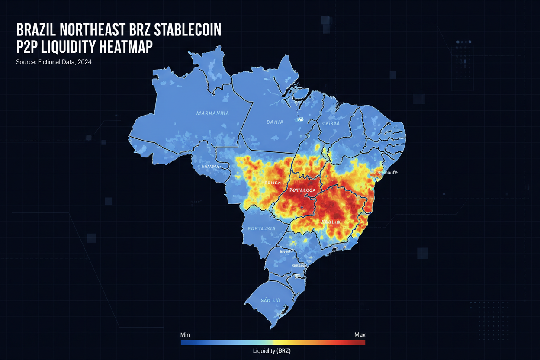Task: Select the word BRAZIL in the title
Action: [36, 30]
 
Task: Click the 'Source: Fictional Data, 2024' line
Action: [54, 62]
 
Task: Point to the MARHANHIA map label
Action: [212, 113]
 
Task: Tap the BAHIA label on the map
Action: [275, 122]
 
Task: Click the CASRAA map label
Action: [331, 123]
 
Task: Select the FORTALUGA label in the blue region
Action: [261, 228]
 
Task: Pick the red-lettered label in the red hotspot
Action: [302, 190]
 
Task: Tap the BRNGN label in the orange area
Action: [273, 183]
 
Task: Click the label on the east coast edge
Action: [387, 173]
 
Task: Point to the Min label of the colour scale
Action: [185, 335]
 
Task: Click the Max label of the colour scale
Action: [360, 335]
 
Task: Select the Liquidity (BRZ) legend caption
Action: [271, 351]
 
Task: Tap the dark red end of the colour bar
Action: [361, 342]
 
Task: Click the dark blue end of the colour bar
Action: [184, 342]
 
